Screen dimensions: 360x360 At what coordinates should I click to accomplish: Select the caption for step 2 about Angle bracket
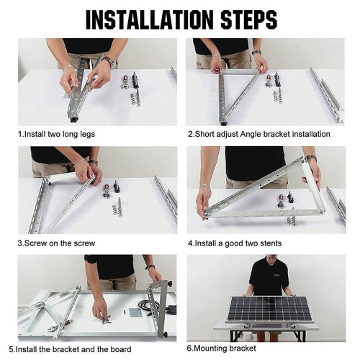coord(258,134)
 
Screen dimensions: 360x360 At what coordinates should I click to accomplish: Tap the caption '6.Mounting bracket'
coord(222,349)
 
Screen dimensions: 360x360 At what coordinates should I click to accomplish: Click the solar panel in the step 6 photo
coord(266,309)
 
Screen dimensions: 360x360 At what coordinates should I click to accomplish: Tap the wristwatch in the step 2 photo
coord(256,53)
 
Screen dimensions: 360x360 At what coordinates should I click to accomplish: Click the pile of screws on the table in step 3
coord(114,209)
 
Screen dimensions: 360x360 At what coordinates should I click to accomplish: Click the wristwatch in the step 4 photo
coord(311,159)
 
